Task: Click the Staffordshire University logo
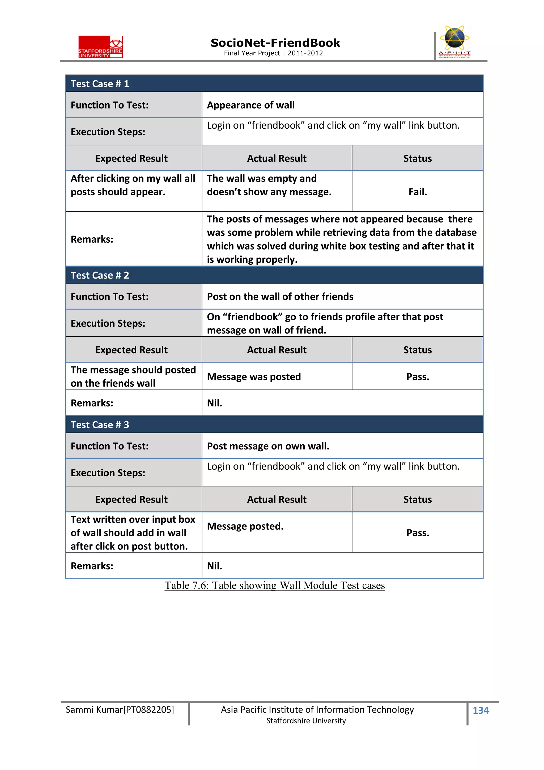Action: coord(101,47)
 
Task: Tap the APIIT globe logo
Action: coord(454,41)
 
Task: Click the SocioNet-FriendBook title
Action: coord(275,43)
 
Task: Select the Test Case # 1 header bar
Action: coord(274,83)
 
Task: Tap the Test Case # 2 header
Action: coord(274,275)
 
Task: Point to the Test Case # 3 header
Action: coord(274,424)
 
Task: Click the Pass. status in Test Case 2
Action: coord(417,377)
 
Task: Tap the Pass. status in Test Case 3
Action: coord(417,533)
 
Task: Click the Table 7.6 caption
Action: coord(274,585)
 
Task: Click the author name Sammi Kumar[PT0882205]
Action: coord(120,710)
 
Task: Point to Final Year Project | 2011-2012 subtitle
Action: coord(273,53)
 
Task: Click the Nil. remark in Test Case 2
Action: coord(215,403)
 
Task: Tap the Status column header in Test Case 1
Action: coord(417,158)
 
